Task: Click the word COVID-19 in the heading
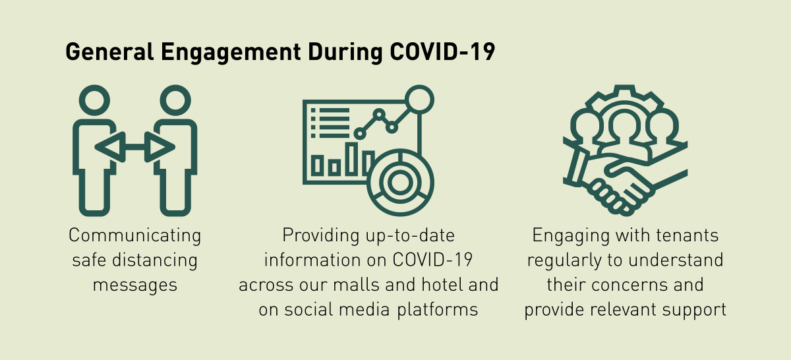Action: [442, 52]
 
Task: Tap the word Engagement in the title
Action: [231, 53]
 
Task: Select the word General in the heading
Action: [110, 52]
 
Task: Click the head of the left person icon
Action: [94, 100]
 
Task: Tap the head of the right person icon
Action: [175, 100]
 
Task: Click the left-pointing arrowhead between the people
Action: [111, 147]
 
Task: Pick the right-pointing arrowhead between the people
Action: [160, 147]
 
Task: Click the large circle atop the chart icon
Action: [419, 100]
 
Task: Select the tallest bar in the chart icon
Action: [351, 159]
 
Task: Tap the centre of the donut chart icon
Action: [400, 183]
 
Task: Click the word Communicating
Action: [135, 235]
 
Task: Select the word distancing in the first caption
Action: [155, 260]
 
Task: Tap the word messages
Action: [135, 285]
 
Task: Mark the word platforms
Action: [438, 310]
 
